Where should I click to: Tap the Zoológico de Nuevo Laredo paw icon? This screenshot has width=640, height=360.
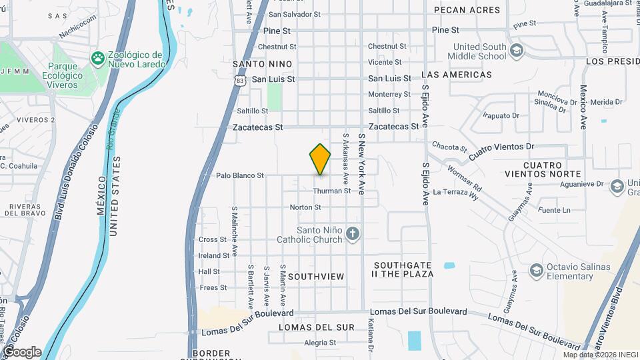click(x=98, y=58)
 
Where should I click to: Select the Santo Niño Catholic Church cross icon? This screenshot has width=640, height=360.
click(x=353, y=234)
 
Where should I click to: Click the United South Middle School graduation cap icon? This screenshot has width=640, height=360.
click(x=517, y=51)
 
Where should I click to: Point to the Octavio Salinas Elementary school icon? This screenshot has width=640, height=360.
click(x=536, y=271)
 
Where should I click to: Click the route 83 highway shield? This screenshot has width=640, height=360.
click(x=240, y=80)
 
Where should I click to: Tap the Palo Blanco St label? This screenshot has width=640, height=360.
click(x=241, y=176)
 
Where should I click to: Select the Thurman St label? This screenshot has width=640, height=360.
click(x=327, y=191)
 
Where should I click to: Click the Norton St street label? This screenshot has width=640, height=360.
click(x=305, y=207)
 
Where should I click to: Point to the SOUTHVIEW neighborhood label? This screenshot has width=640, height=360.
click(x=316, y=276)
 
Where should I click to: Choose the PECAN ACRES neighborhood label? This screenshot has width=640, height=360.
click(x=467, y=10)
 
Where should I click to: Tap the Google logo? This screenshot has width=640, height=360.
click(x=21, y=351)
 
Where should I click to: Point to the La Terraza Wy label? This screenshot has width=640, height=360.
click(x=456, y=192)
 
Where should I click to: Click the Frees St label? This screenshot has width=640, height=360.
click(x=213, y=288)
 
